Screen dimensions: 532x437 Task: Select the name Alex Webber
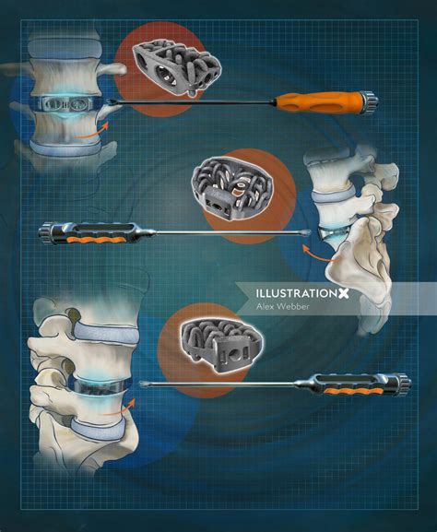tap(283, 309)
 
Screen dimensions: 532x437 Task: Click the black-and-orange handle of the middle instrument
tap(83, 231)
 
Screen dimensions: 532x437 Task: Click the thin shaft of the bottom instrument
tap(230, 385)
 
